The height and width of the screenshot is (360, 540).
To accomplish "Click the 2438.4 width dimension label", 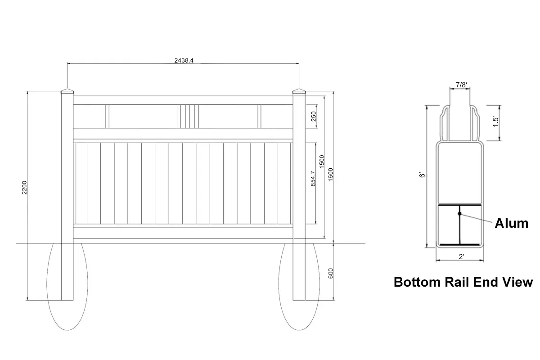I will tap(184, 60).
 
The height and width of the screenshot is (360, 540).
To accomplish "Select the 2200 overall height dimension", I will tap(25, 188).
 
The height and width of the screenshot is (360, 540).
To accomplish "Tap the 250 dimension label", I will tap(314, 117).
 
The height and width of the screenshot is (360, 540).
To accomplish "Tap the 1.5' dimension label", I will tap(495, 122).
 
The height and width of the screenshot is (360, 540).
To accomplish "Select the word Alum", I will tap(511, 223).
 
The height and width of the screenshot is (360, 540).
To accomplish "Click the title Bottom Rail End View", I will tap(463, 282).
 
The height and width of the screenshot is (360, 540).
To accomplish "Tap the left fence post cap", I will tap(67, 91).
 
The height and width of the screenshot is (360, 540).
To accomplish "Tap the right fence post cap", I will tap(299, 91).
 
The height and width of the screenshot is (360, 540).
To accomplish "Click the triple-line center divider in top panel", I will tap(186, 117).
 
